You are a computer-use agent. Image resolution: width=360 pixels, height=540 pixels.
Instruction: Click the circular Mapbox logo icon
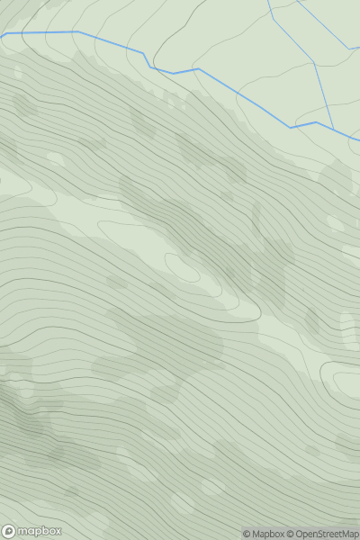[10, 531]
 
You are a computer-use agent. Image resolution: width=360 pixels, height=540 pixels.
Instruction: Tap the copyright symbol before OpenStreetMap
[291, 535]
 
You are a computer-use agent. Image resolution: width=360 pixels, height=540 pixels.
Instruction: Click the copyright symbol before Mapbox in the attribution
[247, 535]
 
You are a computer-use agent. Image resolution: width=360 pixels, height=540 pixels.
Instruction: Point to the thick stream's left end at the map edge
[2, 35]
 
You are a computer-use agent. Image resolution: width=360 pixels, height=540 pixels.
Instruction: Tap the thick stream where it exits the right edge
[358, 140]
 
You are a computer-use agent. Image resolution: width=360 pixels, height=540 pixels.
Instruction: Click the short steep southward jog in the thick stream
[147, 59]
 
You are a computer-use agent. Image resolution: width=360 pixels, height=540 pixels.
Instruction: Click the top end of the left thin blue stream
[268, 1]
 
